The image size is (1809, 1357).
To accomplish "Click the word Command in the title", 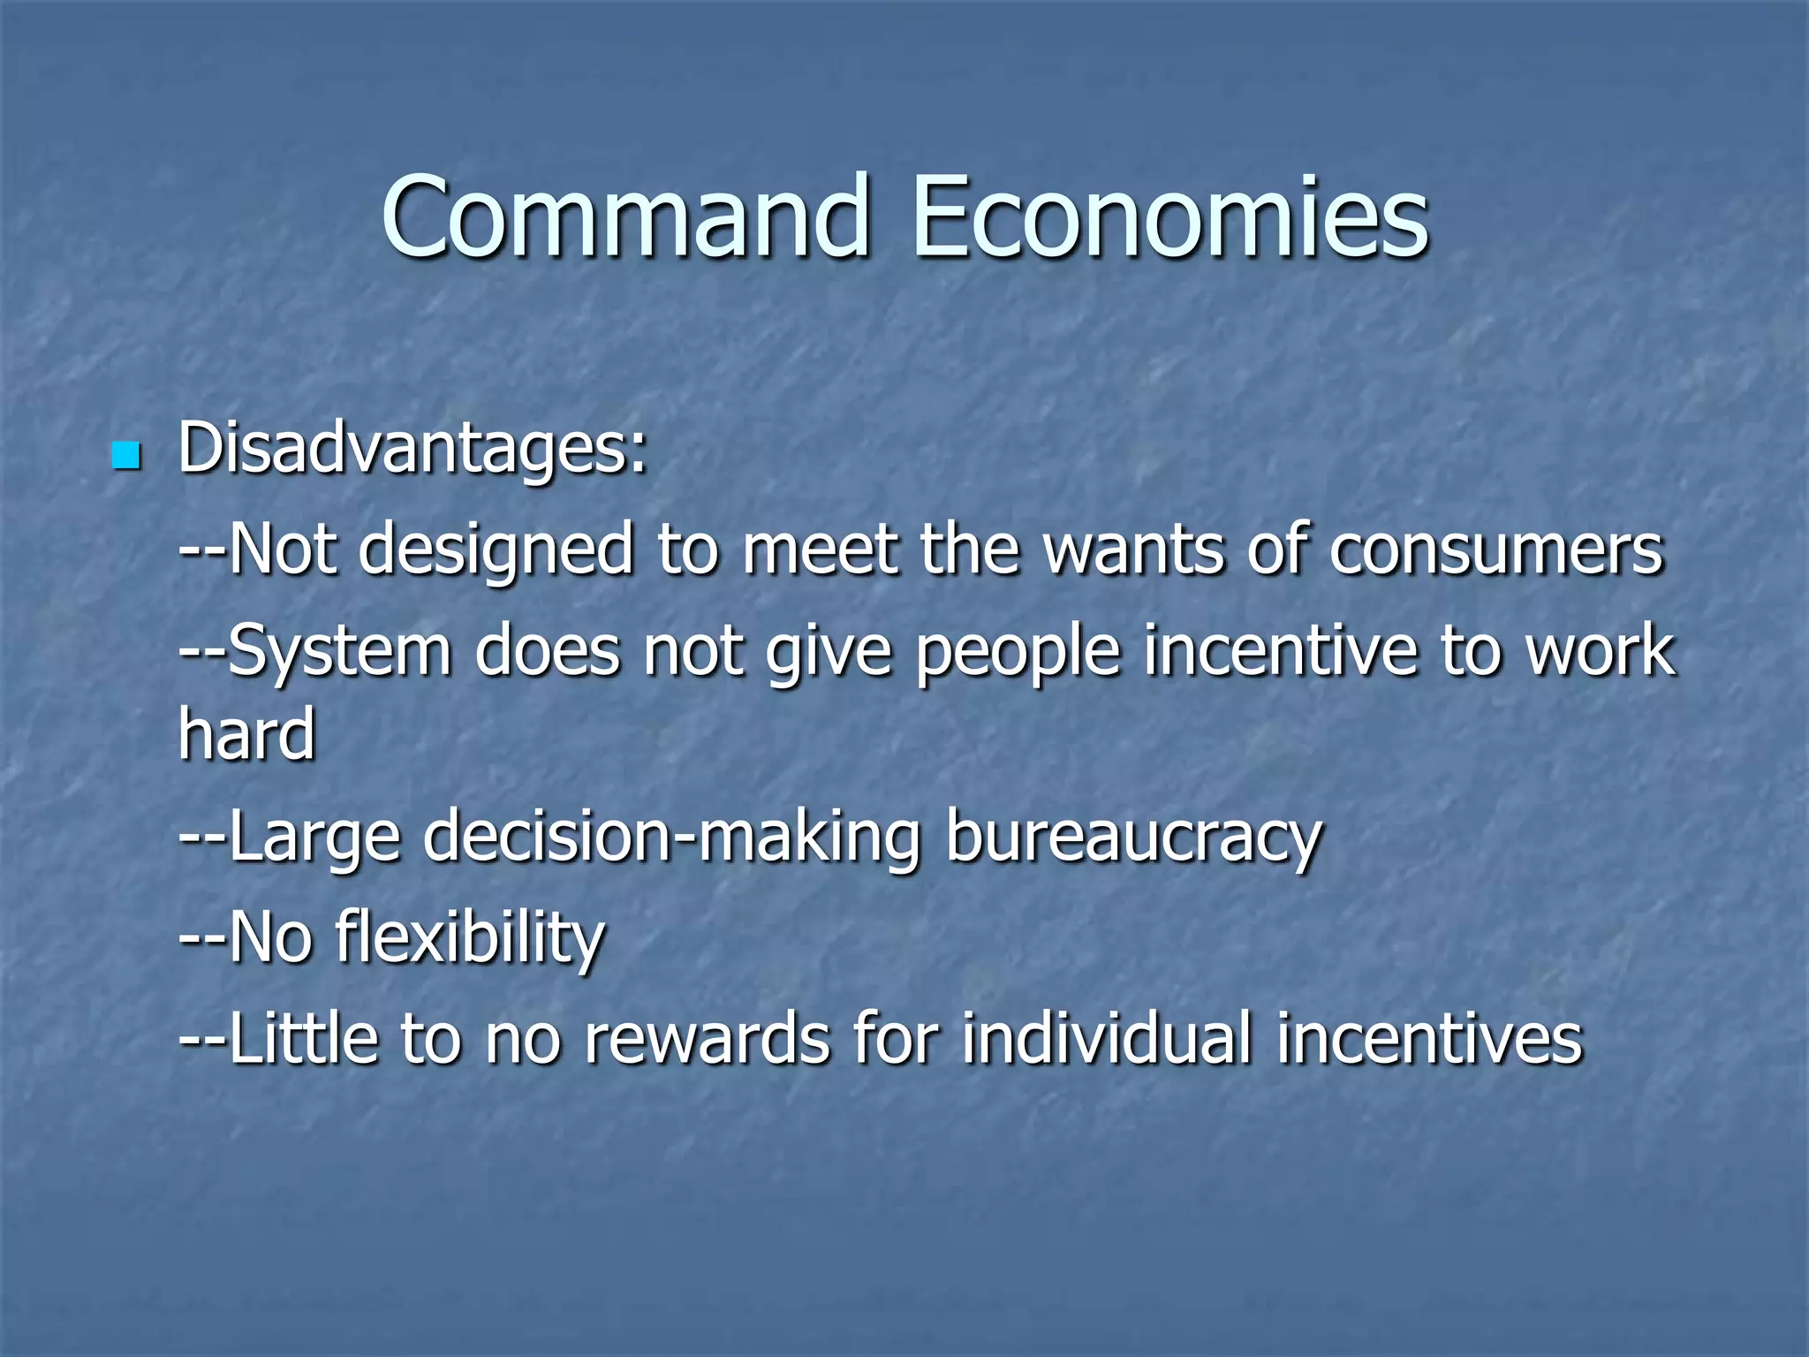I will (x=624, y=217).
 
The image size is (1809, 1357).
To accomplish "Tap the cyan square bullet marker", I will (x=126, y=455).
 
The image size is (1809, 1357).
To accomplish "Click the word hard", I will (x=246, y=733).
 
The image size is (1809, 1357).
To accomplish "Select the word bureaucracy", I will (x=1133, y=838).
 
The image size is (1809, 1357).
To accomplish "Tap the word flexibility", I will (x=470, y=938).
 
